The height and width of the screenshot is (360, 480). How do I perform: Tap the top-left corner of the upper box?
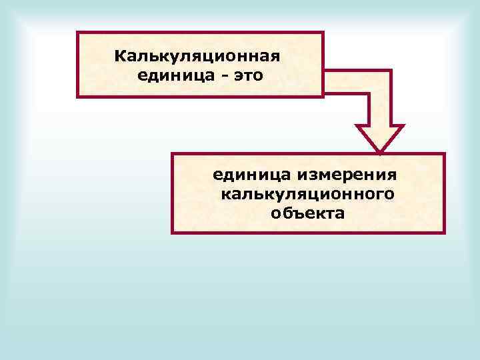(77, 32)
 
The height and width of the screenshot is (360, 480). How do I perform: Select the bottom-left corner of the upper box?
(77, 97)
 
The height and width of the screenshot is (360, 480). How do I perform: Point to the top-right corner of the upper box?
(323, 32)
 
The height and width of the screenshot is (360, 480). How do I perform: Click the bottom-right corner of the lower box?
(444, 233)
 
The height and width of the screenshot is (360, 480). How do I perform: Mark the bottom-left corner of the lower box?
(172, 233)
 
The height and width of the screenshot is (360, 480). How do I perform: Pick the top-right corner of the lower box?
(444, 154)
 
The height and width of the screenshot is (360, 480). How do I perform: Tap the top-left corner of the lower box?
(172, 154)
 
